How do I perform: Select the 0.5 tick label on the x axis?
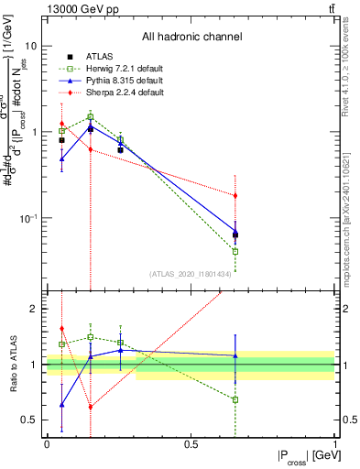pyautogui.click(x=191, y=444)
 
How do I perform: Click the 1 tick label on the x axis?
pyautogui.click(x=335, y=444)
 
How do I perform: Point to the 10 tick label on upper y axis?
pyautogui.click(x=30, y=46)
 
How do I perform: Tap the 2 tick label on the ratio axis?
pyautogui.click(x=34, y=310)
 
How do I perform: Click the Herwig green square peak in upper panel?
pyautogui.click(x=91, y=116)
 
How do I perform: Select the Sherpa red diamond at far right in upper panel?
pyautogui.click(x=235, y=195)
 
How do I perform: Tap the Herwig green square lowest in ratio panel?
pyautogui.click(x=235, y=399)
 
